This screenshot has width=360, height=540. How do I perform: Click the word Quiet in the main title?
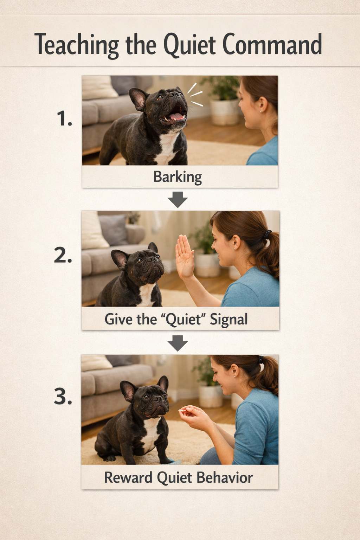189,45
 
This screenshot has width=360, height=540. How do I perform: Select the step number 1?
64,118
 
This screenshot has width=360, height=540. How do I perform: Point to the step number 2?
63,256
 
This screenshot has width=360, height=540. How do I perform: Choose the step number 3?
63,397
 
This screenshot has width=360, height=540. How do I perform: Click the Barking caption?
178,177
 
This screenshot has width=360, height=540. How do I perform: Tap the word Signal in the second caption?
229,320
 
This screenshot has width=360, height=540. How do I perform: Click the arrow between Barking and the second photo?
178,199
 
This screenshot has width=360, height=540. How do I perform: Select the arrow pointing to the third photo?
178,343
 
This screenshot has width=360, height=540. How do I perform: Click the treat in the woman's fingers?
183,410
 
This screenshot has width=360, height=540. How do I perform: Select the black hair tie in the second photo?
268,233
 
